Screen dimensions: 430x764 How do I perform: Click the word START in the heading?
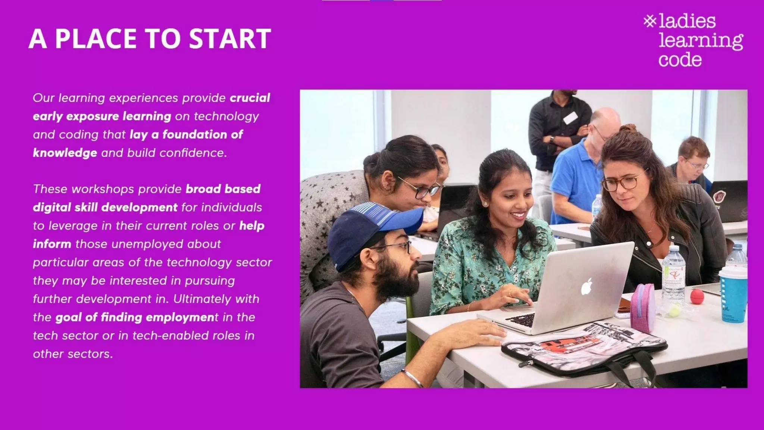point(230,38)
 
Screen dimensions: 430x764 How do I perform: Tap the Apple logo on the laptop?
point(587,287)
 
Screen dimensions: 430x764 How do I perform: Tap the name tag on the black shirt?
point(570,118)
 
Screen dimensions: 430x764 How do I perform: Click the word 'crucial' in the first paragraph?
point(250,98)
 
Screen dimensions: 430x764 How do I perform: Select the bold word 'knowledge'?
point(65,153)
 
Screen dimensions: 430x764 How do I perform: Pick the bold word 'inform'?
point(52,244)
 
